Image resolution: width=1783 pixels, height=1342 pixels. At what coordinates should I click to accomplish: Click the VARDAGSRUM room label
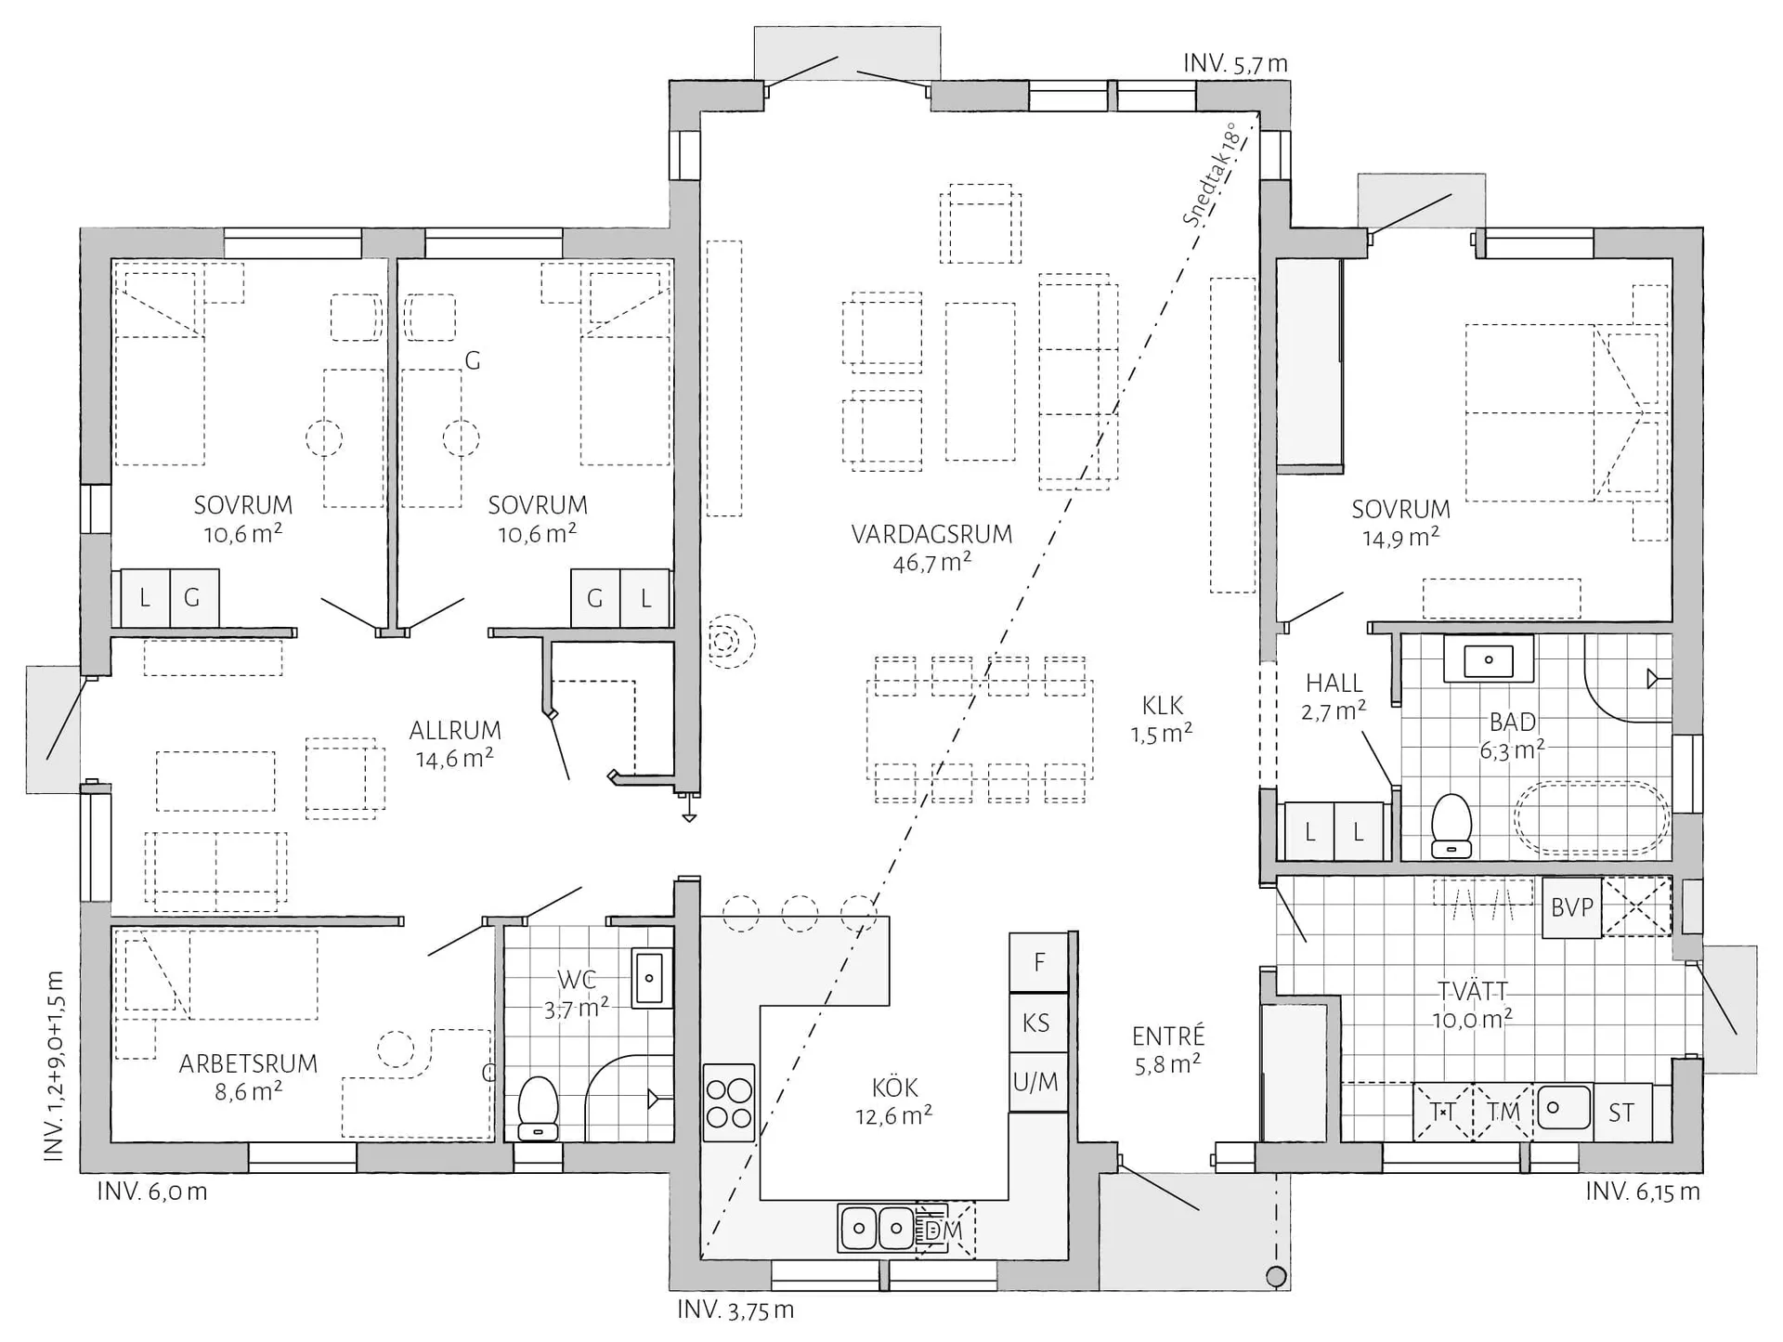931,534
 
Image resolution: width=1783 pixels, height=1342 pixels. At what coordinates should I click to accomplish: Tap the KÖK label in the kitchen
895,1087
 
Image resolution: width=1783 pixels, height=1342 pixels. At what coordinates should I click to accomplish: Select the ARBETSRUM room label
248,1063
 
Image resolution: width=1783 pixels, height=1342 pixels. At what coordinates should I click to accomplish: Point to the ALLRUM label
455,730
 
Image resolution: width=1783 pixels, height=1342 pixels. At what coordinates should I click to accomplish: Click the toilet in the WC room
537,1108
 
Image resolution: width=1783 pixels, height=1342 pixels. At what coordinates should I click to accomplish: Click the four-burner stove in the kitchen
729,1101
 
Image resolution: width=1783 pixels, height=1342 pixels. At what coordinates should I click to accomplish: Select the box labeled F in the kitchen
1038,962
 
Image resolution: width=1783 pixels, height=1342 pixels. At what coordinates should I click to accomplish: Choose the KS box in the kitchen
1038,1023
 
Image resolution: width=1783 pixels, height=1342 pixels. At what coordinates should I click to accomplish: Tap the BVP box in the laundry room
1572,907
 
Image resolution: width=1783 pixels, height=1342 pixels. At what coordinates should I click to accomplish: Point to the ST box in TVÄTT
1621,1113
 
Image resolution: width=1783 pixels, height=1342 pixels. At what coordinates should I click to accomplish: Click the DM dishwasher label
944,1231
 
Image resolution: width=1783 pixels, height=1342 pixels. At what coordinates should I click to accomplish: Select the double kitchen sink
878,1229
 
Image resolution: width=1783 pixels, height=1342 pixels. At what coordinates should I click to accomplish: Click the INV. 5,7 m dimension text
1235,63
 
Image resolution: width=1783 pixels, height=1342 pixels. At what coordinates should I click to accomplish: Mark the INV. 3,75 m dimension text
735,1310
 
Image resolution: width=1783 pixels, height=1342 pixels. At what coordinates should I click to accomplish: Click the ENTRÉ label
1168,1036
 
